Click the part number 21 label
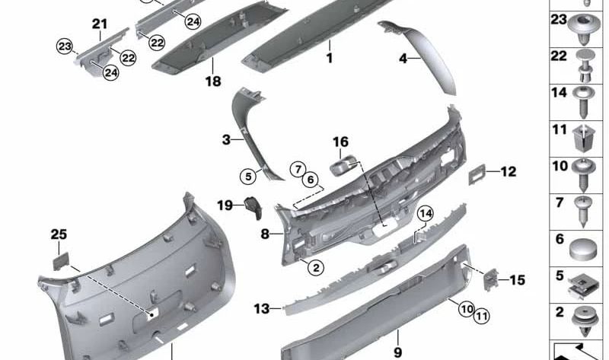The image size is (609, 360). (x=100, y=24)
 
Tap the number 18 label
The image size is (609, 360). (x=212, y=81)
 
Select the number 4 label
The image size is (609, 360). (x=404, y=58)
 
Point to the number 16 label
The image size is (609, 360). (x=340, y=142)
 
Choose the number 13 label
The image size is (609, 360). (x=262, y=308)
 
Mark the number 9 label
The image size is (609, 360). (x=397, y=352)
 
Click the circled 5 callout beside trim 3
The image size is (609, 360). (x=247, y=177)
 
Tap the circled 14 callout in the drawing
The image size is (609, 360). (x=425, y=214)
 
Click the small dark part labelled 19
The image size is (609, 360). (x=251, y=205)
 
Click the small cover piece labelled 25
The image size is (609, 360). (x=61, y=260)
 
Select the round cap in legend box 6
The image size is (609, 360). (x=583, y=246)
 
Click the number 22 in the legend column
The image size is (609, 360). (x=559, y=56)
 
